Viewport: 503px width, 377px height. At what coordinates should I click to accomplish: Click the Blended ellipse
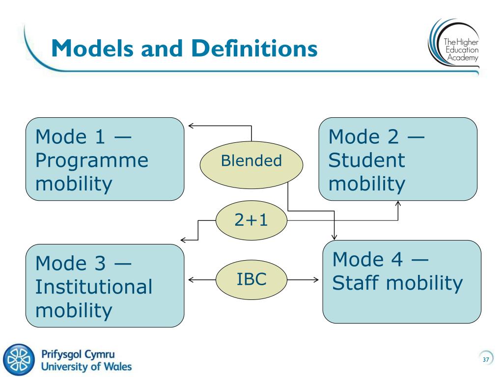coord(251,162)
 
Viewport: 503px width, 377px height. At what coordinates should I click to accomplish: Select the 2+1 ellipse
coord(251,221)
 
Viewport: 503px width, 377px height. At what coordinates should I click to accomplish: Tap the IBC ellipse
coord(251,280)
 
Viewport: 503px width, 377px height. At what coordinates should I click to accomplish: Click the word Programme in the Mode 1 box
coord(92,161)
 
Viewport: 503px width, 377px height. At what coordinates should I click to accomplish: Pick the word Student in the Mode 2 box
coord(367,161)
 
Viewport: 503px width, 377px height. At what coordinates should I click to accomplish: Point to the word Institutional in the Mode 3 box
coord(94,287)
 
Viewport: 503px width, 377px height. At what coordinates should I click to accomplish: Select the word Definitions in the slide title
coord(254,49)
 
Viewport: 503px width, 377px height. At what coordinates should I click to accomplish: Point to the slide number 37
coord(486,360)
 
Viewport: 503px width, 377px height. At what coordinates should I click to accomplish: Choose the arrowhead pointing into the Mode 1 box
coord(190,126)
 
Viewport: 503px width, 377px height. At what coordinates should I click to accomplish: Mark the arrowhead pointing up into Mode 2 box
coord(398,203)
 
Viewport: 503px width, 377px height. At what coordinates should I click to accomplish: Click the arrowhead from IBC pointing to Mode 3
coord(191,280)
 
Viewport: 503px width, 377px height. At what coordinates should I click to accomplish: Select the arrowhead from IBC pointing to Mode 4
coord(316,280)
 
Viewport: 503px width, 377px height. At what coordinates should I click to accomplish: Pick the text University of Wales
coord(86,366)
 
